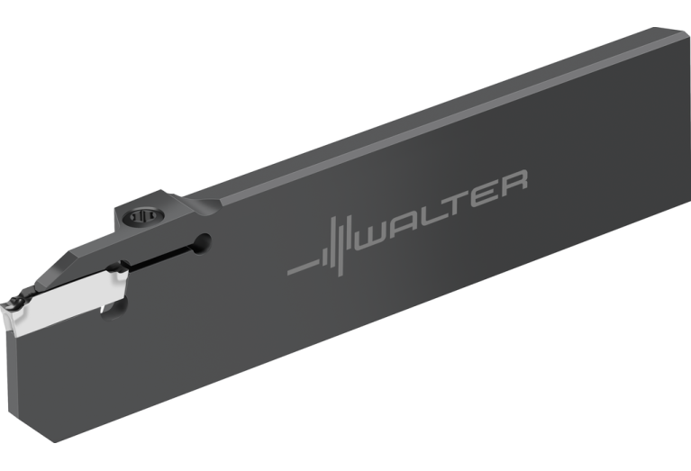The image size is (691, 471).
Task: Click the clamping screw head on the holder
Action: (x=143, y=216)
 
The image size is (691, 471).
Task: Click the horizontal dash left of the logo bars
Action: (x=304, y=267)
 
